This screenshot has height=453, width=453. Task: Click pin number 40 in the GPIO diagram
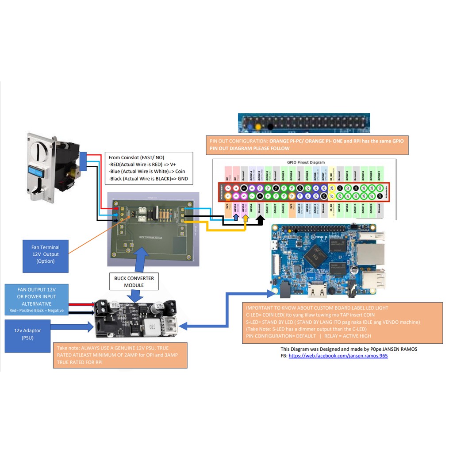click(x=380, y=188)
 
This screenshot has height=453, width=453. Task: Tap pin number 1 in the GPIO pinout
click(x=227, y=196)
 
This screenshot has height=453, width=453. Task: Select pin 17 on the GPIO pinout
click(x=292, y=196)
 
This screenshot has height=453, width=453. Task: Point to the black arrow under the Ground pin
click(x=260, y=219)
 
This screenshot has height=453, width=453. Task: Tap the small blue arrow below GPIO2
click(x=236, y=218)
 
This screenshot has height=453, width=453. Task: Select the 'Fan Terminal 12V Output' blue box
click(x=46, y=254)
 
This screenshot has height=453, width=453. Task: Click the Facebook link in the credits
click(x=338, y=355)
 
